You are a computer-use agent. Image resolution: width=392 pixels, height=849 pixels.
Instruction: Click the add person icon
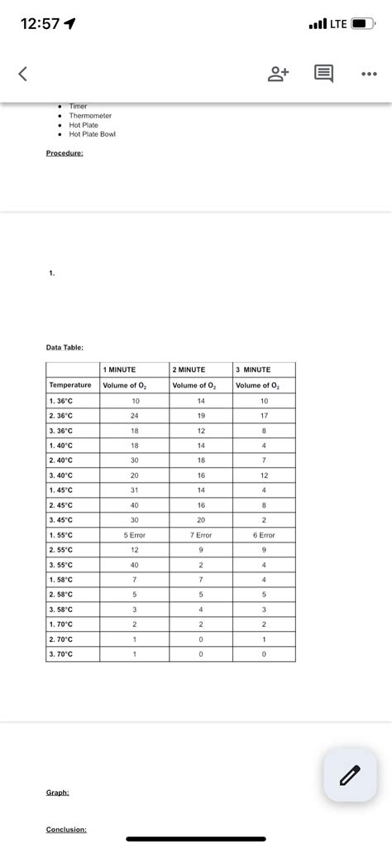[278, 75]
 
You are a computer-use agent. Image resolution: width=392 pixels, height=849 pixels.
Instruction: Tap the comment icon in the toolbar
[323, 75]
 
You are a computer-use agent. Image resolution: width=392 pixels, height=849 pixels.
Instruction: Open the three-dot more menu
[368, 75]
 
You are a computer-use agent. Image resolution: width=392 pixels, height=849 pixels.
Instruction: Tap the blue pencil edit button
[350, 774]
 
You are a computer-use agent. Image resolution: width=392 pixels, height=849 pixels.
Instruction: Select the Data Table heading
[65, 348]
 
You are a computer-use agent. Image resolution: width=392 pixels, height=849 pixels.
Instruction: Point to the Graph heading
[57, 793]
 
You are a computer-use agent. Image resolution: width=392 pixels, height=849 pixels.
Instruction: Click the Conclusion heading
[67, 829]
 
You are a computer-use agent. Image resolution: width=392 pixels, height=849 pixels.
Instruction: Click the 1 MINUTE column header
[120, 369]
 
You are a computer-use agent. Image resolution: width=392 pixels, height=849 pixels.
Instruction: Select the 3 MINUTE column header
[253, 369]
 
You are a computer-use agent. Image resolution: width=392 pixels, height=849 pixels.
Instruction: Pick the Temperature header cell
[70, 385]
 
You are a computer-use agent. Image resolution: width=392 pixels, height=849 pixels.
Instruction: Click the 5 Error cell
[134, 535]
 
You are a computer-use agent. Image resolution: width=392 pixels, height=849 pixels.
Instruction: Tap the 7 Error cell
[201, 535]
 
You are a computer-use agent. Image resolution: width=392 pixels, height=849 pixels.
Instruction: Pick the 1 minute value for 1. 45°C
[134, 490]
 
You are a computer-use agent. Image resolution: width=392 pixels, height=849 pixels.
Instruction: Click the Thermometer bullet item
[90, 116]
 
